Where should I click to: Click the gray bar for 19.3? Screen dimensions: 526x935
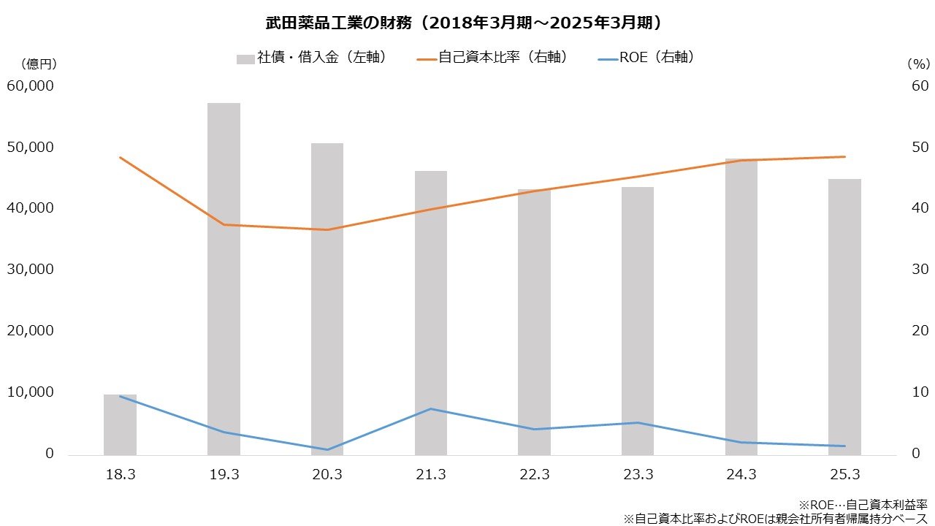pos(224,278)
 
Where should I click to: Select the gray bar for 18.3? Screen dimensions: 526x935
pos(120,424)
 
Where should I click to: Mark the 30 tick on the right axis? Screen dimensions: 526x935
pos(919,270)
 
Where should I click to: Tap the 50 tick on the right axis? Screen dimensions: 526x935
pos(919,148)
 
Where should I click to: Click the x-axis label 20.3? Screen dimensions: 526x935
pos(327,475)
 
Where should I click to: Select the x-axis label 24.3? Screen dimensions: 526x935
pos(741,475)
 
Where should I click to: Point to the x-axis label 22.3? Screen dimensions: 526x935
pos(534,475)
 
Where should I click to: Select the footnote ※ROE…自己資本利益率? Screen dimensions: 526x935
pos(863,505)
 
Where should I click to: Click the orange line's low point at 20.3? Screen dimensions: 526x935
pos(327,229)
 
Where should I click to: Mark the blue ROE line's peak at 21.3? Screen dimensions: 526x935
pos(431,408)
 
